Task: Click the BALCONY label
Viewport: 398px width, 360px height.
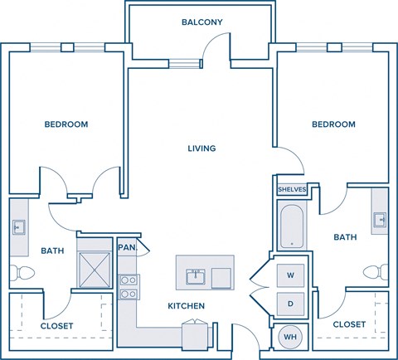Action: [x=202, y=22]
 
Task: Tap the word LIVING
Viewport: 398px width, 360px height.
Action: [x=201, y=148]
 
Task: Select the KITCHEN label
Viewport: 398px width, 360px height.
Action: [x=186, y=306]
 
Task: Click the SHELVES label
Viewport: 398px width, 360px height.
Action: [x=292, y=189]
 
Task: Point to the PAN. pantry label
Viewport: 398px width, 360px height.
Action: [x=127, y=247]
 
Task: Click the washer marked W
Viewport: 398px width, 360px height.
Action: [x=291, y=275]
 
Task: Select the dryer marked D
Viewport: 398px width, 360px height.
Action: [x=291, y=303]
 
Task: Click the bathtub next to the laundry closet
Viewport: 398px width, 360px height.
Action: [x=291, y=226]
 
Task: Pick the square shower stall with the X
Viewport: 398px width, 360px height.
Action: [x=94, y=265]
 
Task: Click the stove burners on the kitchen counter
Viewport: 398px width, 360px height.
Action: [x=129, y=286]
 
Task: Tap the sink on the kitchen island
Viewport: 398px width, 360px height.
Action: [x=197, y=275]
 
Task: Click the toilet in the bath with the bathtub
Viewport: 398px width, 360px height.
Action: [x=379, y=271]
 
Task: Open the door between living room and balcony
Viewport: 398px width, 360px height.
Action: [x=217, y=69]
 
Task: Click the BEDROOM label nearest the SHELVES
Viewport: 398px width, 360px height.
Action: [x=333, y=124]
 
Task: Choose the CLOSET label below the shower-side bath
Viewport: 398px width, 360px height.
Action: [x=56, y=325]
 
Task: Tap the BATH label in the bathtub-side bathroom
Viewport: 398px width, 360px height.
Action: [x=345, y=237]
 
